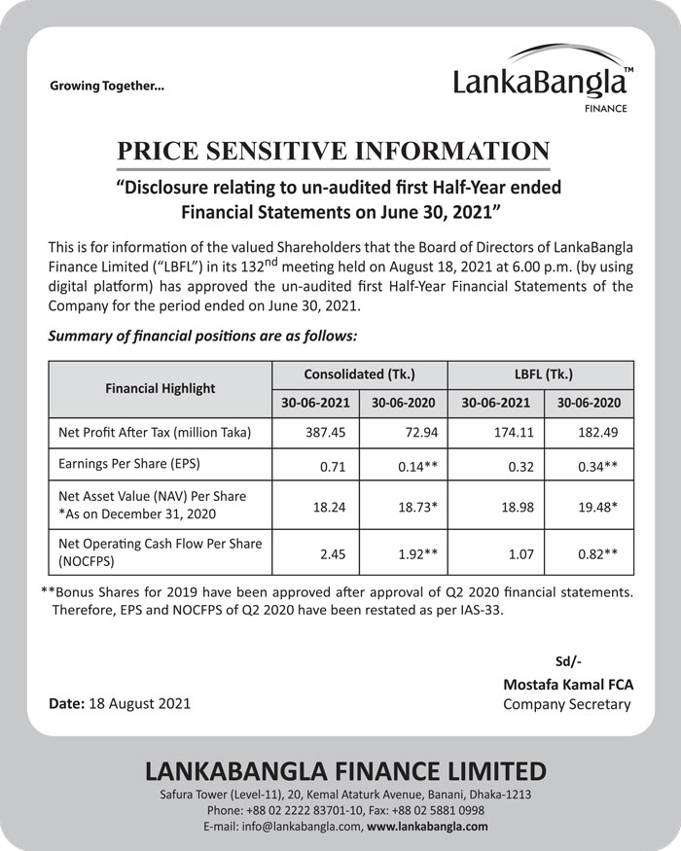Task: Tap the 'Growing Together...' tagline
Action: click(107, 86)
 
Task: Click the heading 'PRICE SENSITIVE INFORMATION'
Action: click(333, 152)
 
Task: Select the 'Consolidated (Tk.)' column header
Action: click(359, 373)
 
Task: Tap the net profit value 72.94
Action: click(418, 431)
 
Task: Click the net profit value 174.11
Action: click(510, 431)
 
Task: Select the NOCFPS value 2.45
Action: click(333, 554)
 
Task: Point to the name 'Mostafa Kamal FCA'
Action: click(567, 685)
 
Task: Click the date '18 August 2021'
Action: click(139, 702)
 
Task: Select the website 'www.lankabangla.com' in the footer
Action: click(428, 827)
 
